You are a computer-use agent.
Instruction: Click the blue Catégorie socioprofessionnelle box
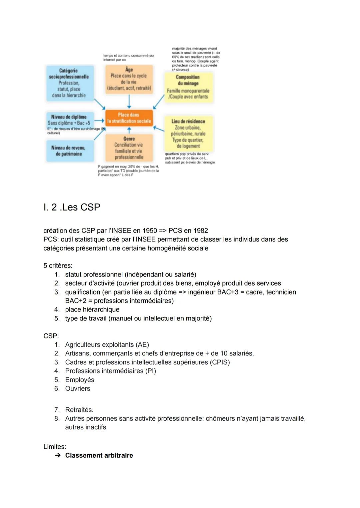point(69,83)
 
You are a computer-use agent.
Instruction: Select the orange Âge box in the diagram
point(129,79)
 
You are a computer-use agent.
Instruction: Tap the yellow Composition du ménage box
point(188,87)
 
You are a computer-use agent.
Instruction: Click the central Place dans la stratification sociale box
point(129,118)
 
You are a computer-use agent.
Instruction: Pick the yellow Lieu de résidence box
point(188,133)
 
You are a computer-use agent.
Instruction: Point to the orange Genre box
point(129,148)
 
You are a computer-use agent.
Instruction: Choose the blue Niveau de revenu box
point(69,151)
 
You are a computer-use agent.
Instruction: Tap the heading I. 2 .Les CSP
point(72,207)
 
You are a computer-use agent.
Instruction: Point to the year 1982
point(200,231)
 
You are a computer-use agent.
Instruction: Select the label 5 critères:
point(58,265)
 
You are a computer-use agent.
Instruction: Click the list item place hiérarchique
point(92,309)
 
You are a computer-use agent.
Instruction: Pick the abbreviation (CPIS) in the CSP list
point(220,362)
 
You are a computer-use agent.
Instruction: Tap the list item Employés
point(80,380)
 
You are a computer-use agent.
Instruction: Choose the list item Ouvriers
point(78,388)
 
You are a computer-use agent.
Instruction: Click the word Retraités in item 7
point(79,410)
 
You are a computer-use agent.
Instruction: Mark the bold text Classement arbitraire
point(99,455)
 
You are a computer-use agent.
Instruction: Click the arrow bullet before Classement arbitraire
point(58,455)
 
